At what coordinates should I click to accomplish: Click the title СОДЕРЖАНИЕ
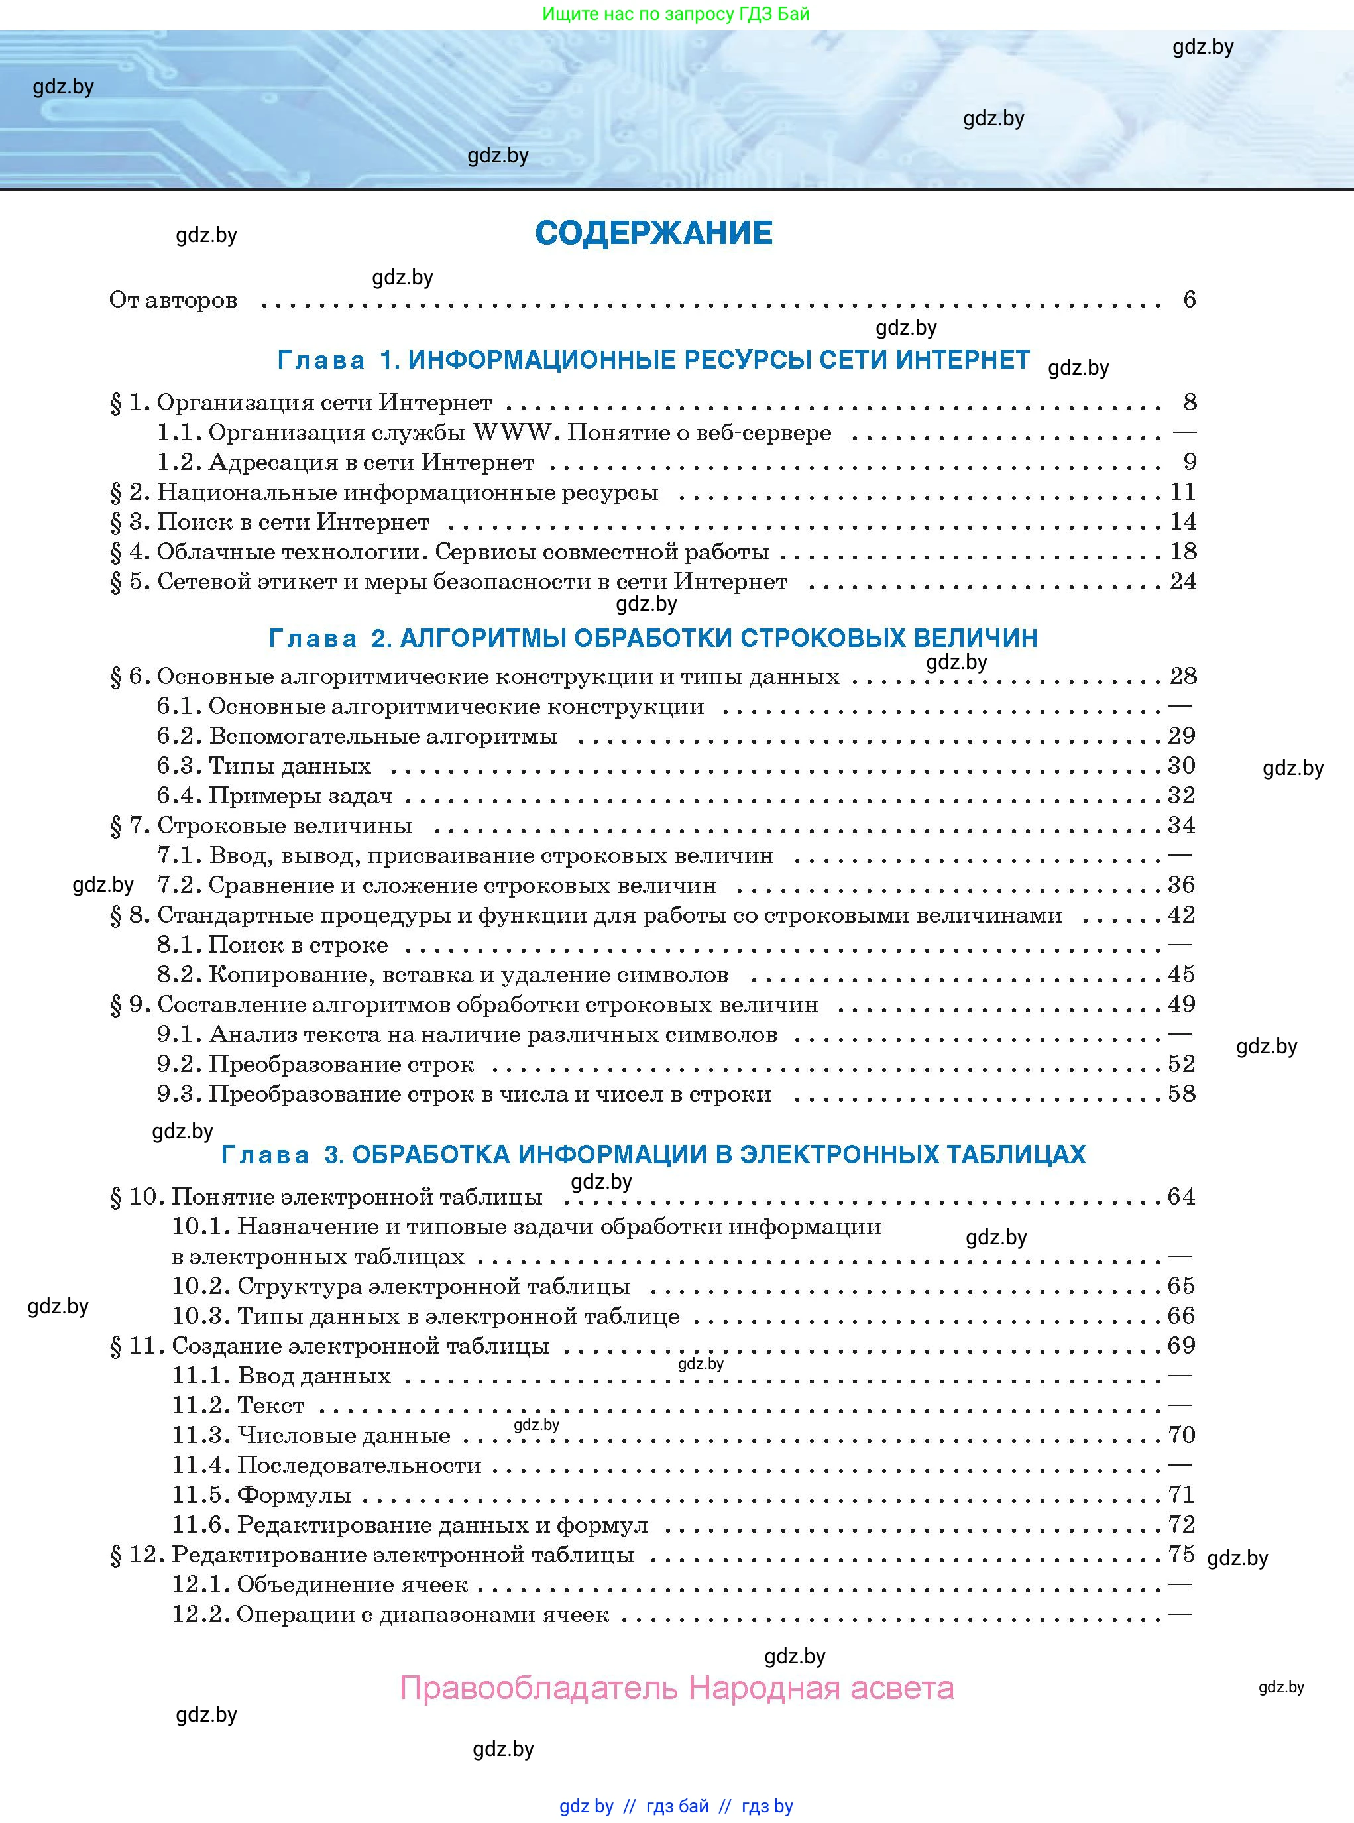[653, 233]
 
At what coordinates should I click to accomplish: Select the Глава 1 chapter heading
[653, 360]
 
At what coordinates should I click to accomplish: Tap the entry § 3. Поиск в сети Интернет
[270, 522]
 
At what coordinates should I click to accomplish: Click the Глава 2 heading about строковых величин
[653, 638]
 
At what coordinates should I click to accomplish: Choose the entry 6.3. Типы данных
[264, 766]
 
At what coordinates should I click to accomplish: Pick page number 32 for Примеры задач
[1181, 795]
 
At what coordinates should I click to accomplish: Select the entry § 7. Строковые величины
[260, 825]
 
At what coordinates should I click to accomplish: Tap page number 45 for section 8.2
[1181, 974]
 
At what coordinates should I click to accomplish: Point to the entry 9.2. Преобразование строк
[315, 1064]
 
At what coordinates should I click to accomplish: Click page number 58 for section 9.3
[1181, 1094]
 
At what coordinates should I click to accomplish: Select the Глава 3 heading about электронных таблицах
[653, 1154]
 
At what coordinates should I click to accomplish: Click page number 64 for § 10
[1181, 1197]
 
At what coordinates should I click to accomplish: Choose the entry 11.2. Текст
[238, 1406]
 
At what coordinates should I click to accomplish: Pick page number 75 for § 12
[1181, 1554]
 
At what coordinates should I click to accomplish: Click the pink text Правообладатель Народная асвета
[676, 1688]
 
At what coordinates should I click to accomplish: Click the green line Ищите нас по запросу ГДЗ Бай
[675, 14]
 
